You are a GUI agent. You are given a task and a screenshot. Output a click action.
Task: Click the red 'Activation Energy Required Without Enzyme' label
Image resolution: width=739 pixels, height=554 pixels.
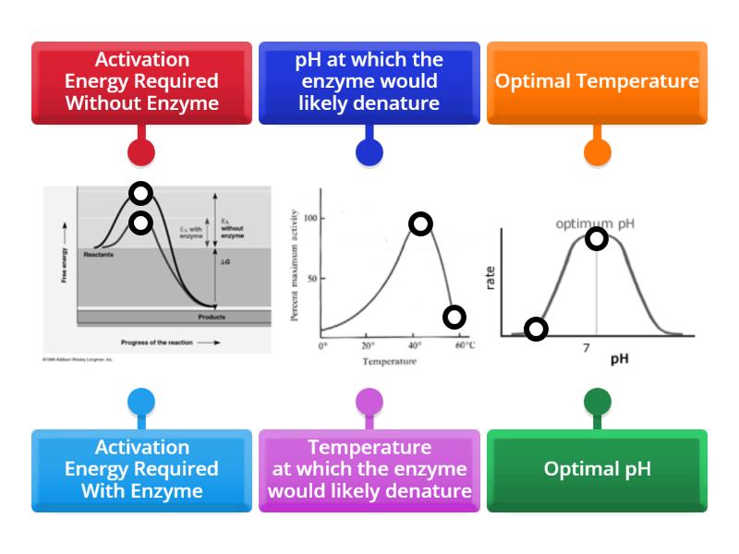click(x=141, y=82)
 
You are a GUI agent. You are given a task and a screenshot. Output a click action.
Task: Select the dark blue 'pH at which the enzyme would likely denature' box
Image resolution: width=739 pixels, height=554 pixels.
click(x=369, y=82)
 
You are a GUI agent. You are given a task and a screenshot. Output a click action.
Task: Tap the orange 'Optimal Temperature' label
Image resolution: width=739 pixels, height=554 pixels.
click(x=597, y=82)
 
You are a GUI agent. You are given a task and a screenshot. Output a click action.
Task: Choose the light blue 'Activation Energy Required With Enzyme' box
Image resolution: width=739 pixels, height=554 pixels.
click(x=141, y=469)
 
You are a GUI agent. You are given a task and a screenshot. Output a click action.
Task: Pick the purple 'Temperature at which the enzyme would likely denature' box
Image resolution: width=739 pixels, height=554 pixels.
click(x=369, y=469)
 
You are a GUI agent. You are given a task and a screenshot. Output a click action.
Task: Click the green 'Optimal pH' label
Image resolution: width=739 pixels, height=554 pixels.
click(x=597, y=469)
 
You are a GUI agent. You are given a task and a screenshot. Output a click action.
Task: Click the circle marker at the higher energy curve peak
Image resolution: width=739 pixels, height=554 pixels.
click(x=140, y=193)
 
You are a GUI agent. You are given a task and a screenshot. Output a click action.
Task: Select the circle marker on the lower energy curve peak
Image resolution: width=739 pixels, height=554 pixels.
click(x=140, y=223)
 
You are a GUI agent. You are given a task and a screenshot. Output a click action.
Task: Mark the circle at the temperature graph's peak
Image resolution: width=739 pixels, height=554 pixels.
click(x=420, y=223)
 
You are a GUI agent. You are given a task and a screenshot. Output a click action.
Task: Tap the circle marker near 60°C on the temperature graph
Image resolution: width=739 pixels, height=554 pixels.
click(x=454, y=317)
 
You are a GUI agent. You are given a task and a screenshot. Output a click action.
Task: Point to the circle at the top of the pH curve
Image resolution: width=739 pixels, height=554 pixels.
click(x=597, y=239)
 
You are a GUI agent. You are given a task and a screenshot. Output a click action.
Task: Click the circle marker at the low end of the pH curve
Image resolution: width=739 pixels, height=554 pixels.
click(x=536, y=329)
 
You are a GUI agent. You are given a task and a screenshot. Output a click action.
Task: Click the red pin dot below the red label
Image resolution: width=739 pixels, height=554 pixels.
click(x=141, y=152)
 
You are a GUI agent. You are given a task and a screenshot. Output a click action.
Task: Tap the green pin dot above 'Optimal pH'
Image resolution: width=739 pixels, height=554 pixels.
click(x=597, y=402)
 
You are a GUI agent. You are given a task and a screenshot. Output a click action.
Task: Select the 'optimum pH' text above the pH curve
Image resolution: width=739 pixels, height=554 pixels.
click(x=596, y=223)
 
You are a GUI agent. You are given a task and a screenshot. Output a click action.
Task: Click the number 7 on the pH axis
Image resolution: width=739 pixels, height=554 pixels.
click(x=586, y=348)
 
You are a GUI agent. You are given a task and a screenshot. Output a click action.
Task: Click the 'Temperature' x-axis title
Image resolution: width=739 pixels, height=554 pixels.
click(x=389, y=361)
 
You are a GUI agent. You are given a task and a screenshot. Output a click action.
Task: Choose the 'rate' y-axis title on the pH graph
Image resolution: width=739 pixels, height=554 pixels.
click(x=491, y=277)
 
